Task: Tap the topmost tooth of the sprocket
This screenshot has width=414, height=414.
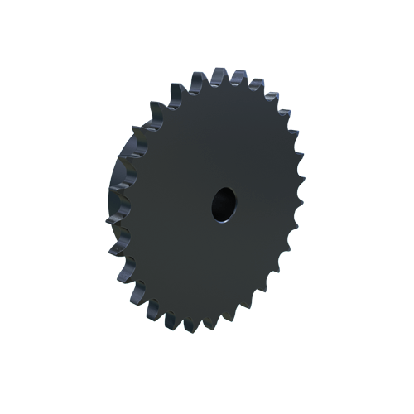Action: (x=219, y=77)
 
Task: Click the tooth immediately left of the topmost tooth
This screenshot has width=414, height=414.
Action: (x=199, y=80)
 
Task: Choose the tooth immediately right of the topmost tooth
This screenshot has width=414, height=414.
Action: (x=238, y=79)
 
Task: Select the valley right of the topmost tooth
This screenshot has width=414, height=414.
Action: (x=229, y=83)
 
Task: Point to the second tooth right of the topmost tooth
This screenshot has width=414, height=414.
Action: (x=256, y=86)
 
